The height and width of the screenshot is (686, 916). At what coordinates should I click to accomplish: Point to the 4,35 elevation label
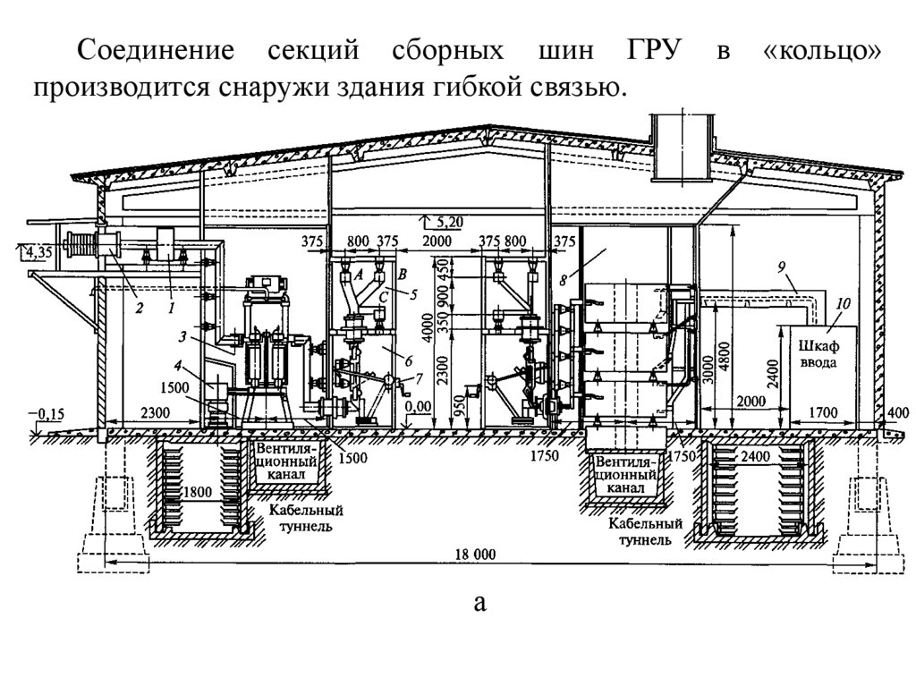pyautogui.click(x=40, y=253)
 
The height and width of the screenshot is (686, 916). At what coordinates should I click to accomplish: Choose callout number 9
pyautogui.click(x=781, y=267)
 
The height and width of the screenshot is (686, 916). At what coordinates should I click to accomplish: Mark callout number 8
pyautogui.click(x=563, y=279)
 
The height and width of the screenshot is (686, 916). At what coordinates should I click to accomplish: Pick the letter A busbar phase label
pyautogui.click(x=358, y=275)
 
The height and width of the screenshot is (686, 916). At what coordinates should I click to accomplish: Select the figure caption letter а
pyautogui.click(x=479, y=603)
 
